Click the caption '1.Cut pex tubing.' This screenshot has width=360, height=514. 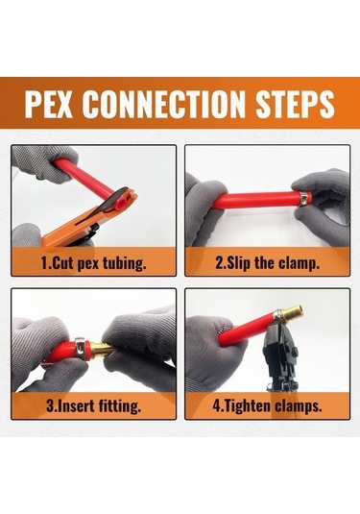pos(93,263)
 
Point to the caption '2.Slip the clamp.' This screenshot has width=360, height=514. pos(267,263)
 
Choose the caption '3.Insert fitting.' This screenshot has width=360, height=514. pos(94,405)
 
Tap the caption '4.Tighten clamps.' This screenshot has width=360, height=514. pos(267,405)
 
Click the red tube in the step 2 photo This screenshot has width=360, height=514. pos(255,200)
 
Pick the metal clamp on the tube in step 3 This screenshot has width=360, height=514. pos(81,346)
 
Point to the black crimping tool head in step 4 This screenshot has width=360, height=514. pos(278,353)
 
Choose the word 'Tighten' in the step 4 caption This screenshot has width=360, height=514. pos(248,405)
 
